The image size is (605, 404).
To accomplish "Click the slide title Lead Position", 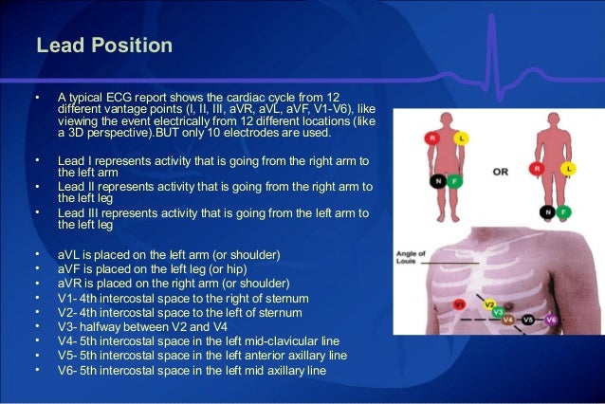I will click(x=103, y=46).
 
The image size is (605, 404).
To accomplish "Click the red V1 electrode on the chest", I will click(x=460, y=304).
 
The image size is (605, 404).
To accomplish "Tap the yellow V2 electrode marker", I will click(x=489, y=305).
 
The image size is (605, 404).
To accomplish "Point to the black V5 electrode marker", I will click(x=528, y=321).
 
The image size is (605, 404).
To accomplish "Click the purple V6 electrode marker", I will click(x=551, y=321).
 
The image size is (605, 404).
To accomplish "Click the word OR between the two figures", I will click(x=501, y=173).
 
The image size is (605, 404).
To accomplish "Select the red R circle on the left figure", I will click(x=430, y=138).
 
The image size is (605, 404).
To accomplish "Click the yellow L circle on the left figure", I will click(x=462, y=138).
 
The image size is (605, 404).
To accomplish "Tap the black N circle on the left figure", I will click(x=438, y=180).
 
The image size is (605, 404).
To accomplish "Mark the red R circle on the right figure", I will click(x=536, y=169).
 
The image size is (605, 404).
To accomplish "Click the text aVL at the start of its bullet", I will click(x=68, y=256).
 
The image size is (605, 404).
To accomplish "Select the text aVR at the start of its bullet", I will click(x=69, y=284).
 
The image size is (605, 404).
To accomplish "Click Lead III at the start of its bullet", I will click(x=79, y=213).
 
